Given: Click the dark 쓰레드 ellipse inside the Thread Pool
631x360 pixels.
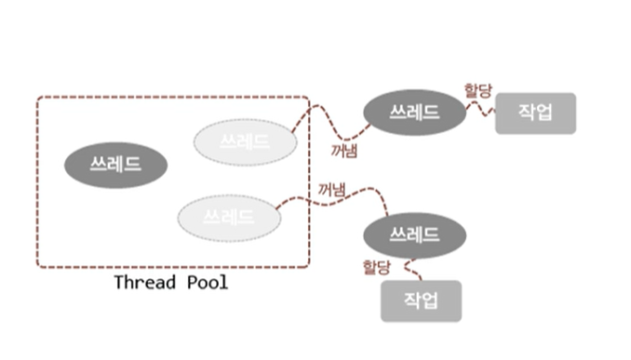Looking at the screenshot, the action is coord(116,165).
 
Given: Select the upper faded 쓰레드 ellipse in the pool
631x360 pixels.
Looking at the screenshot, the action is coord(246,142).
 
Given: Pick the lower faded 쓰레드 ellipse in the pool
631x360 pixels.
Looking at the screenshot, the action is coord(229,218).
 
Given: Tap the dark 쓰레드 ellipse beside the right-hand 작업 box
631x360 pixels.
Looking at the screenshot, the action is coord(414,113).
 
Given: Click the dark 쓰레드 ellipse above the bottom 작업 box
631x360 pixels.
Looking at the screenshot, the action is coord(414,235).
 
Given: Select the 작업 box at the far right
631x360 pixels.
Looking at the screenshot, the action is coord(536,113).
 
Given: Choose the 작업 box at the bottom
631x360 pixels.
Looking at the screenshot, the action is coord(422,301).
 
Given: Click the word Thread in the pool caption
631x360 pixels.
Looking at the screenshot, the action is coord(145,283).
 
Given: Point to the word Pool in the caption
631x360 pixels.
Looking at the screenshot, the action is coord(208,283).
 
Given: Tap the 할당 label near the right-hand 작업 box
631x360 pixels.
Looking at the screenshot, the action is coord(478,90).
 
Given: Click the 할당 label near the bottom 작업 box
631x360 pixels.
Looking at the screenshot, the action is coord(376,267).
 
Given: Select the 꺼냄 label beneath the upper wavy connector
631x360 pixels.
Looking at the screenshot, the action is coord(344,151).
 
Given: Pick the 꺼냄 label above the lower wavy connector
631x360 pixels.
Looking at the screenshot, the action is coord(331,190).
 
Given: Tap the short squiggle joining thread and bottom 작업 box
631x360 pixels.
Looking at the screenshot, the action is coord(410,268).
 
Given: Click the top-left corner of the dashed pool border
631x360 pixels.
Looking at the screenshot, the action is coord(37,97).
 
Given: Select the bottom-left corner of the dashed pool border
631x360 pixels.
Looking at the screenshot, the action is coord(37,267).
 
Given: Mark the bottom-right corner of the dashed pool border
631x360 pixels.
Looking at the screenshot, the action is coord(309,267).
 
